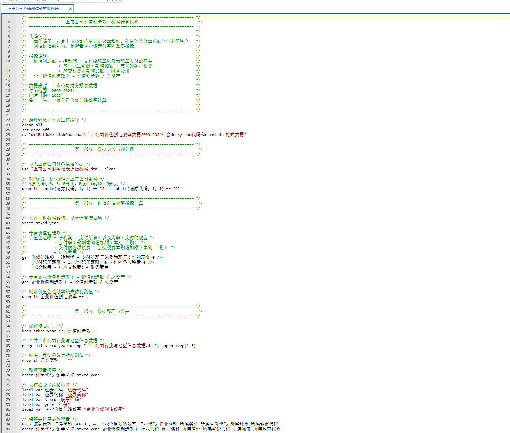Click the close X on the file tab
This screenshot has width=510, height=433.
tap(70, 9)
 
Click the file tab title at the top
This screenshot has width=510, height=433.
tap(34, 9)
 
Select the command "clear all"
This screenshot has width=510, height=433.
tap(32, 125)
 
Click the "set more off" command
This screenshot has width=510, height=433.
tap(35, 130)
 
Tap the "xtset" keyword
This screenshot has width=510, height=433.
tap(27, 223)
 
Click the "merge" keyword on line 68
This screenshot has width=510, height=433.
tap(27, 346)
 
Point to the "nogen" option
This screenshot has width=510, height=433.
tap(167, 346)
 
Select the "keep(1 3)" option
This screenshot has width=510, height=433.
tap(185, 346)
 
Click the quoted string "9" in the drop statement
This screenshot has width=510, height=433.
tap(176, 189)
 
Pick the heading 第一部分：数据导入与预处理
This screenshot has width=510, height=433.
tap(104, 149)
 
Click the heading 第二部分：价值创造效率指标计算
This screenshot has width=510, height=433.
tap(109, 203)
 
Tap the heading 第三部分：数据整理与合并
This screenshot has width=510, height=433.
tap(102, 311)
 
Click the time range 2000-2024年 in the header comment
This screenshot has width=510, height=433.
tap(64, 91)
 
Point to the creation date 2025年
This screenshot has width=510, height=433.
tap(59, 95)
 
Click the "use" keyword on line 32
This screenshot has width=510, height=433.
tap(25, 169)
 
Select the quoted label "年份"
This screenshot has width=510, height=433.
tap(63, 405)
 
